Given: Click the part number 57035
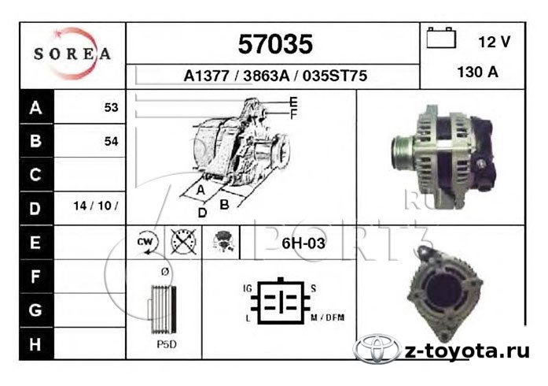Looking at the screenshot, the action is [x=275, y=44].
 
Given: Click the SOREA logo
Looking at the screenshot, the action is [x=72, y=54].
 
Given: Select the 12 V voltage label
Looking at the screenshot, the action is [x=495, y=42].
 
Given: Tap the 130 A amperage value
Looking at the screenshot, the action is [x=477, y=72].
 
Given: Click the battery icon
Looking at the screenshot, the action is [x=441, y=38].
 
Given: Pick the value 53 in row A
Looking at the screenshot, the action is [x=111, y=107].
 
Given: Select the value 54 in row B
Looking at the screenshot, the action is [x=111, y=141].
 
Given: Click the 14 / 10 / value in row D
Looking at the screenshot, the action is [x=96, y=206].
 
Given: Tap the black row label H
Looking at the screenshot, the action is [x=35, y=344].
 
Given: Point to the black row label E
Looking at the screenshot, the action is [x=35, y=243].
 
